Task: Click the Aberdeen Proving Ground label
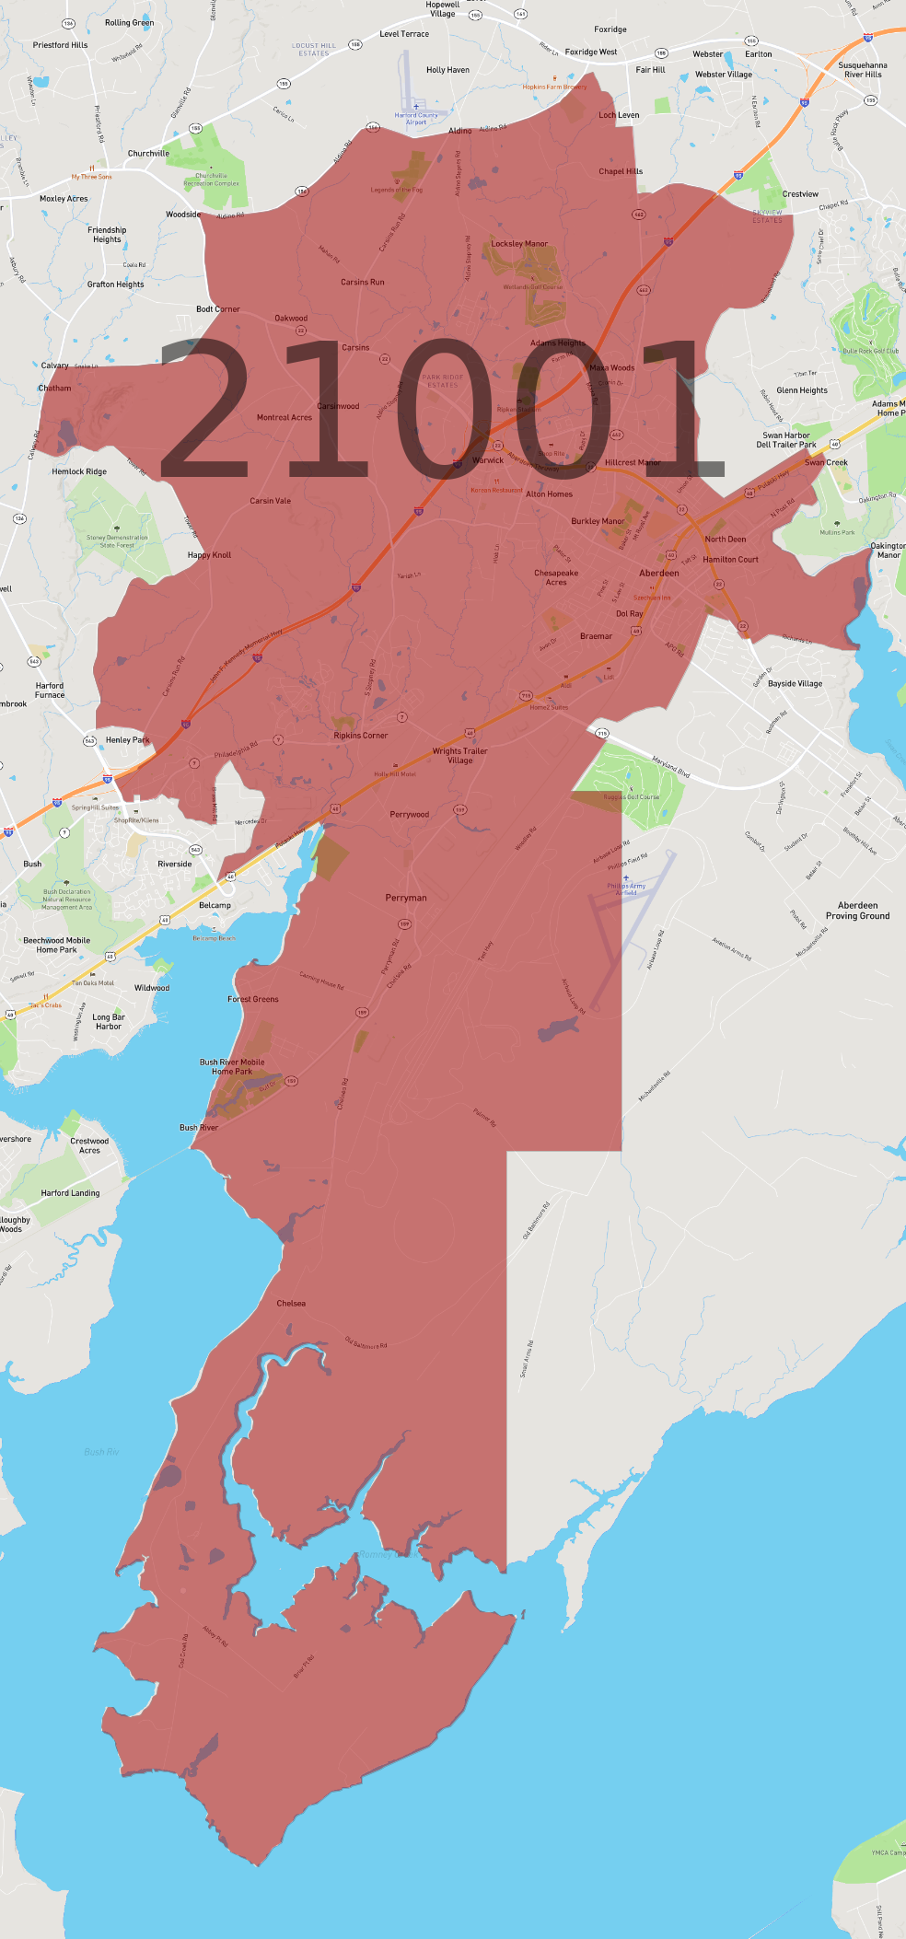pos(857,911)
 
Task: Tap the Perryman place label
pos(406,898)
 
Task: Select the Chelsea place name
pos(291,1304)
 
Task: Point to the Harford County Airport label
pos(416,118)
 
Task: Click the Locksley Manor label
pos(519,244)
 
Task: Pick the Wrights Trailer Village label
pos(460,756)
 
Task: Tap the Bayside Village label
pos(795,684)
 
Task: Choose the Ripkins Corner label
pos(360,736)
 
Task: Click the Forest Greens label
pos(253,999)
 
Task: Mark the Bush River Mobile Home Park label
pos(232,1067)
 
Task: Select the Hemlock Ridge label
pos(79,471)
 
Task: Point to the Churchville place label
pos(148,154)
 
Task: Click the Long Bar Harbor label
pos(109,1022)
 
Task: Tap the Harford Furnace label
pos(50,691)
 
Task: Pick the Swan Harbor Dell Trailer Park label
pos(786,440)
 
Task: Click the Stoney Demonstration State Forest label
pos(117,541)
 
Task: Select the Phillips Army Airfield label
pos(626,888)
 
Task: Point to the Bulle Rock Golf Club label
pos(870,351)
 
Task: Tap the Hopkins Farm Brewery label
pos(554,87)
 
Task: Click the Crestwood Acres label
pos(89,1145)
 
